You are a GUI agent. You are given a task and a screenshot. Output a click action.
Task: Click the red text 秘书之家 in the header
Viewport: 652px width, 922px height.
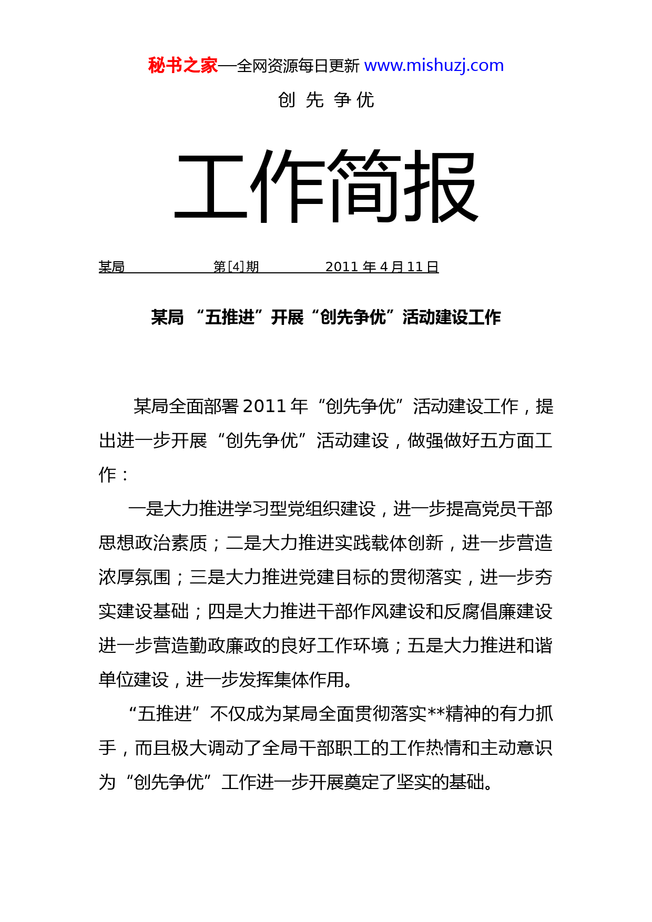point(182,66)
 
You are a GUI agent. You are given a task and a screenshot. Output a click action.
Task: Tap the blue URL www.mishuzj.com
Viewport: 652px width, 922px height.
point(434,66)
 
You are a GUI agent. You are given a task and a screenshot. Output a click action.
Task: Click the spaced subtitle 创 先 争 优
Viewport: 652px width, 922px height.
point(326,100)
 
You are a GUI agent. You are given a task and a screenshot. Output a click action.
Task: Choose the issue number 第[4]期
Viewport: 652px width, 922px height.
point(236,267)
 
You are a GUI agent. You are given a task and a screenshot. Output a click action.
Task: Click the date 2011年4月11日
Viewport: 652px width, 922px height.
point(382,267)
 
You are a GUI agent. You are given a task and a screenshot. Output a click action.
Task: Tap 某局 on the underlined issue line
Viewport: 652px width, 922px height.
point(111,267)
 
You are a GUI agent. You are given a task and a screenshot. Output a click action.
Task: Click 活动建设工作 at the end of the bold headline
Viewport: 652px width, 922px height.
point(452,317)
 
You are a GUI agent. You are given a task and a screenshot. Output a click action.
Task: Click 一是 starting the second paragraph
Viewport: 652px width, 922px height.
point(146,509)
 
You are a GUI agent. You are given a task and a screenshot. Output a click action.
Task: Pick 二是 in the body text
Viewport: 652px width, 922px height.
point(243,543)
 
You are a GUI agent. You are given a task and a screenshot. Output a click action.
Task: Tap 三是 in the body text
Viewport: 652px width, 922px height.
point(207,577)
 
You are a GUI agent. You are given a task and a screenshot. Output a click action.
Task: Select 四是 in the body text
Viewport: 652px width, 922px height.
point(226,611)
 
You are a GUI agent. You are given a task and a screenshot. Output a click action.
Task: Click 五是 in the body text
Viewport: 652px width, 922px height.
point(425,646)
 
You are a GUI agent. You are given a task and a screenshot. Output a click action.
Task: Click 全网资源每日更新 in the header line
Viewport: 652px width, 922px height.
point(298,66)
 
